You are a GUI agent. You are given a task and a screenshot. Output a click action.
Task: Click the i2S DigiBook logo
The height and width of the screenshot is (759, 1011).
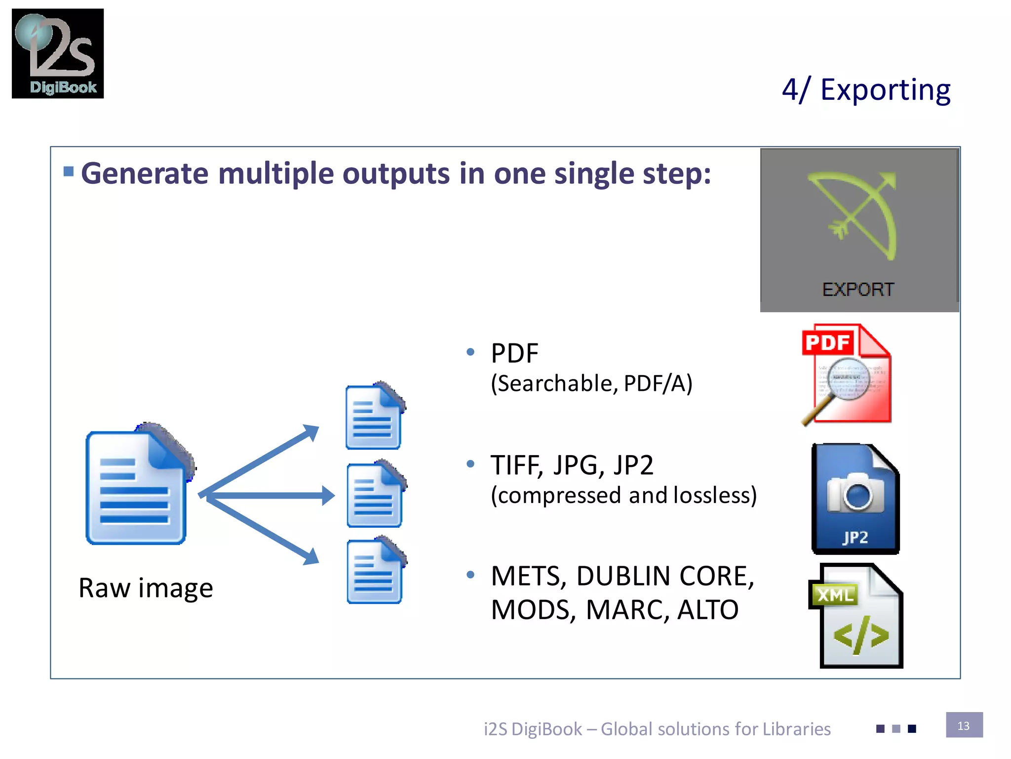(58, 53)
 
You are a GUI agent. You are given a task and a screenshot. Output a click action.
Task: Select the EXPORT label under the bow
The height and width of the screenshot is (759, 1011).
(858, 290)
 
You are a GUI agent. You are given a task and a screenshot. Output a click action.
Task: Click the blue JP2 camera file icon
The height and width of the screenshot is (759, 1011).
(855, 499)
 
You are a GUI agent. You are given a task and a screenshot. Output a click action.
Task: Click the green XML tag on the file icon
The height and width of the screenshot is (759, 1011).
(834, 595)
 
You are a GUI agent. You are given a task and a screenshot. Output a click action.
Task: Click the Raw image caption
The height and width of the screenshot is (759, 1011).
(146, 588)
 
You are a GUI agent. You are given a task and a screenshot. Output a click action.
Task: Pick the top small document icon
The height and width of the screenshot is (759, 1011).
(374, 416)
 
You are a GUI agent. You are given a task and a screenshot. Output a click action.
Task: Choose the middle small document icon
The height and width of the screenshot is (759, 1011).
(375, 494)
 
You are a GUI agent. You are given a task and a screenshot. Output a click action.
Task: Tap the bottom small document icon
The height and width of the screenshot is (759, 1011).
(375, 572)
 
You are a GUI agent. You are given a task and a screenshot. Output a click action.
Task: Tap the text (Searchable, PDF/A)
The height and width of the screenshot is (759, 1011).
(591, 383)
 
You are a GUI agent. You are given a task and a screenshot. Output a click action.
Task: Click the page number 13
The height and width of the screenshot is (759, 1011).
(964, 725)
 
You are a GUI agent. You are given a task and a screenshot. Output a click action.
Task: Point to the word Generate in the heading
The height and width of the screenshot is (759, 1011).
(145, 174)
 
